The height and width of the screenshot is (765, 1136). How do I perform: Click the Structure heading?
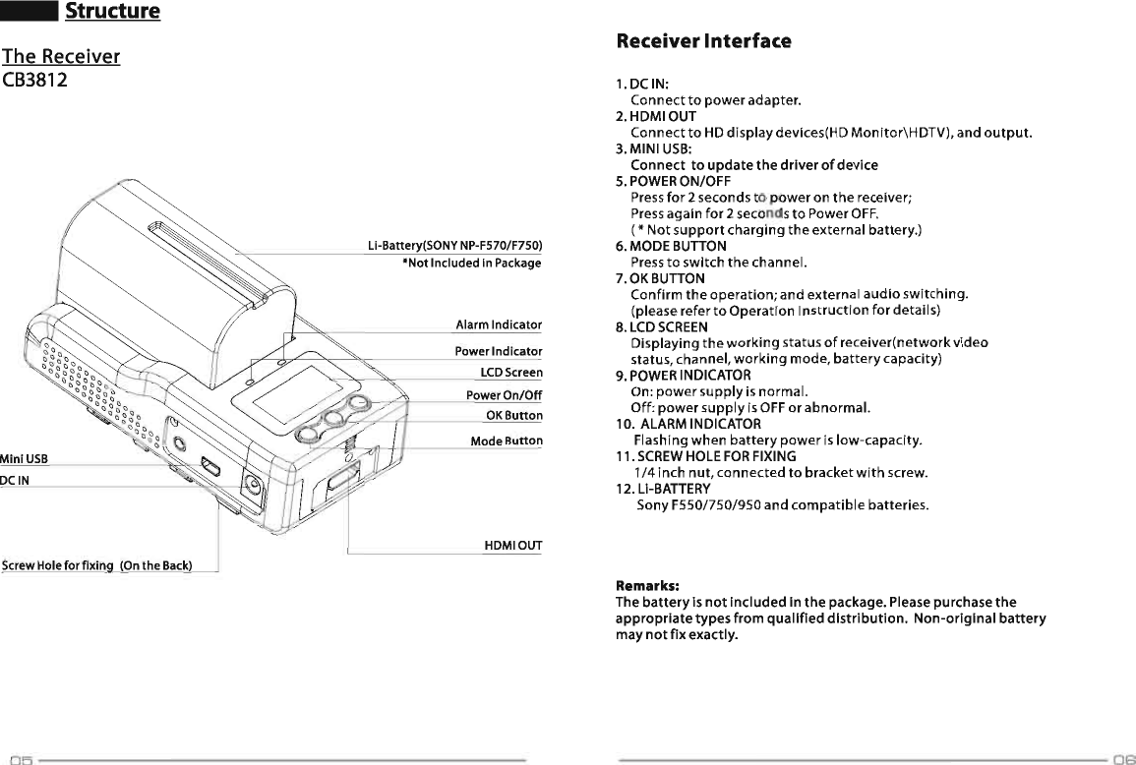coord(111,12)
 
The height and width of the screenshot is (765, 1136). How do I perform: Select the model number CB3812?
coord(34,80)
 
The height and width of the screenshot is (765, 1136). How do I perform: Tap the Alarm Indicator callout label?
coord(499,325)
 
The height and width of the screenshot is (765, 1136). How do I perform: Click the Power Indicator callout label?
coord(498,351)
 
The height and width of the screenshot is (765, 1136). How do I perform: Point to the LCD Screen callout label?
coord(510,373)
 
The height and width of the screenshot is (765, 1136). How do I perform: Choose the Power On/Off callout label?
coord(504,395)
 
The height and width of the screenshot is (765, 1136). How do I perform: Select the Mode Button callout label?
coord(506,441)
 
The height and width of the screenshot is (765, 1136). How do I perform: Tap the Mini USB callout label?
coord(24,458)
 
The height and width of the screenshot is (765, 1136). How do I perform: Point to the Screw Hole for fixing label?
coord(96,564)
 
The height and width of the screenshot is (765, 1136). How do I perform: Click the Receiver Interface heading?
coord(702,41)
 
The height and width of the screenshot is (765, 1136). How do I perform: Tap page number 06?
coord(1124,759)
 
